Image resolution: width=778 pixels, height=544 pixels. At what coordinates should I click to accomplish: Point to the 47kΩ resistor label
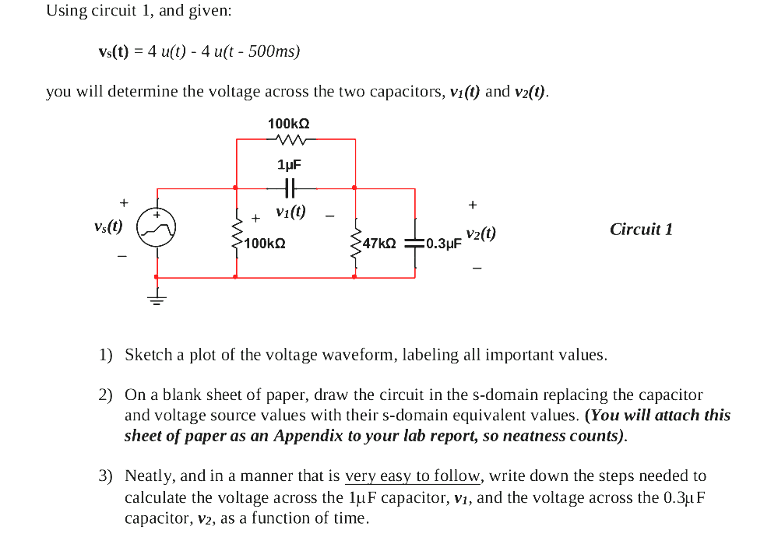pos(380,244)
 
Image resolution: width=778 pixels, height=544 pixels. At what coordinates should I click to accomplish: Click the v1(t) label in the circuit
pos(290,211)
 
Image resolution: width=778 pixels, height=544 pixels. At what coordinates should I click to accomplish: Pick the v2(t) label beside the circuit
pos(481,234)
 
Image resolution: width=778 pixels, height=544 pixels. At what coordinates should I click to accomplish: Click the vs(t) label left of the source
pos(107,226)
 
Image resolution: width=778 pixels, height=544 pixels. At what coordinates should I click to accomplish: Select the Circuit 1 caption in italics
pos(641,230)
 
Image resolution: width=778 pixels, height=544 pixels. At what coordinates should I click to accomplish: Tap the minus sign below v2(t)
pos(477,269)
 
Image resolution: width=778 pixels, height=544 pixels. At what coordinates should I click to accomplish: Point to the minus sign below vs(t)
pos(121,254)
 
